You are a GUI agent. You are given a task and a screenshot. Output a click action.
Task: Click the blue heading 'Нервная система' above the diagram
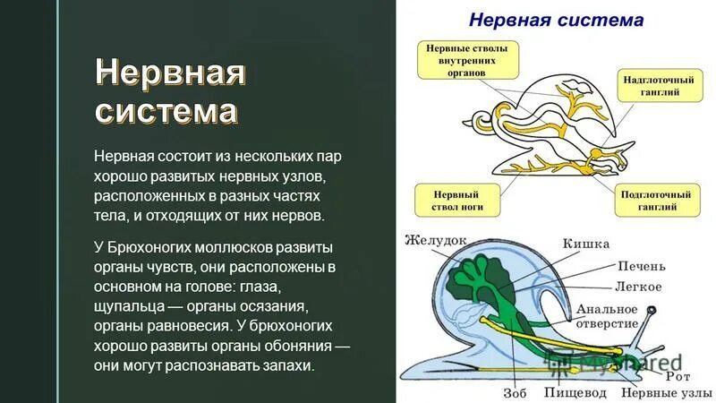[x=556, y=19]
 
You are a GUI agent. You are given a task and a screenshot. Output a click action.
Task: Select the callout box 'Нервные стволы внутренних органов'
[x=467, y=59]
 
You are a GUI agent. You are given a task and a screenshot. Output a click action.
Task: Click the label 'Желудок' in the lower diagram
[x=436, y=240]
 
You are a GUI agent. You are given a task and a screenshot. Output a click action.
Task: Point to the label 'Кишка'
[x=585, y=244]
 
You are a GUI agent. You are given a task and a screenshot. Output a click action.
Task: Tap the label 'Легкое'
[x=638, y=287]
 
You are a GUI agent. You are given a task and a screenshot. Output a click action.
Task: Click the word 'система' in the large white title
[x=166, y=111]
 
